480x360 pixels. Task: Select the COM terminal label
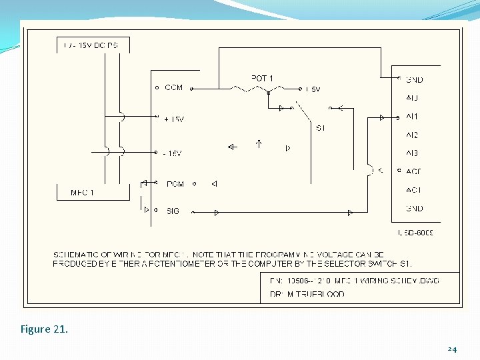click(x=173, y=87)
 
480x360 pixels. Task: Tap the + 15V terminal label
click(x=173, y=119)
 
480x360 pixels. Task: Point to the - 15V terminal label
click(x=172, y=153)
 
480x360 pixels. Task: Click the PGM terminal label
click(x=175, y=184)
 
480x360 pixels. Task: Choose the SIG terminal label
click(x=173, y=211)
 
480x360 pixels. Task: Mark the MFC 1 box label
click(x=82, y=193)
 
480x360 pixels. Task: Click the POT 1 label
click(x=262, y=78)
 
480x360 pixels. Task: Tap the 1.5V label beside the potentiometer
click(x=312, y=89)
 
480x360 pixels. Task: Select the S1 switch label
click(x=321, y=128)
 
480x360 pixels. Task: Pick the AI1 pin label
click(x=412, y=117)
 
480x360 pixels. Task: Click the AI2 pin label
click(x=412, y=135)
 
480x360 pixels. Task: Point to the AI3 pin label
click(x=412, y=153)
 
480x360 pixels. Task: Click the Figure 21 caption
click(x=45, y=329)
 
